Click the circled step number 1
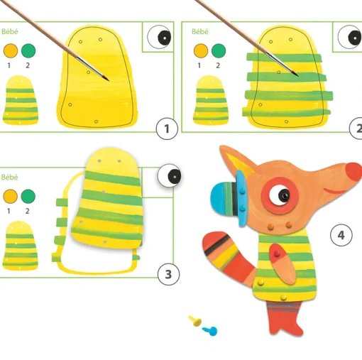(x=167, y=129)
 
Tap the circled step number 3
(x=168, y=274)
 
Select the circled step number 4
(x=341, y=235)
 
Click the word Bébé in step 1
(x=10, y=31)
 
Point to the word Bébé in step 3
(x=9, y=177)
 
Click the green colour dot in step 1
(x=28, y=50)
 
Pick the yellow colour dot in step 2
(x=201, y=50)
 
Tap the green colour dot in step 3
(x=28, y=196)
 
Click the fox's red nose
(x=353, y=172)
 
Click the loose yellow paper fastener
(x=195, y=321)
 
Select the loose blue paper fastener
(x=210, y=331)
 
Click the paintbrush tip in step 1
(x=109, y=80)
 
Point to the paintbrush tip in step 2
(x=297, y=75)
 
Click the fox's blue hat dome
(x=222, y=198)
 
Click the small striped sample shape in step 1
(x=21, y=100)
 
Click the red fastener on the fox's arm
(x=276, y=253)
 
